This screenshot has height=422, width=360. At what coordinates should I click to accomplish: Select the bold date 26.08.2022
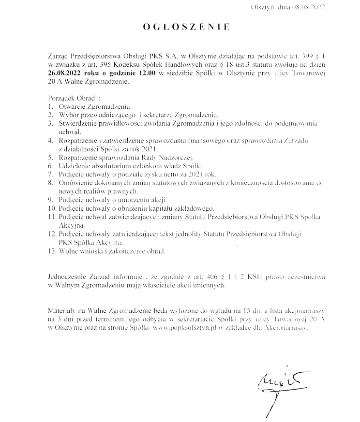tap(67, 73)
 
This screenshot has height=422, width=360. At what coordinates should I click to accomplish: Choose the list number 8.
tap(50, 182)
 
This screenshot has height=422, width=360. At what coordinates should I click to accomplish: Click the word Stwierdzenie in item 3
tap(80, 123)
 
